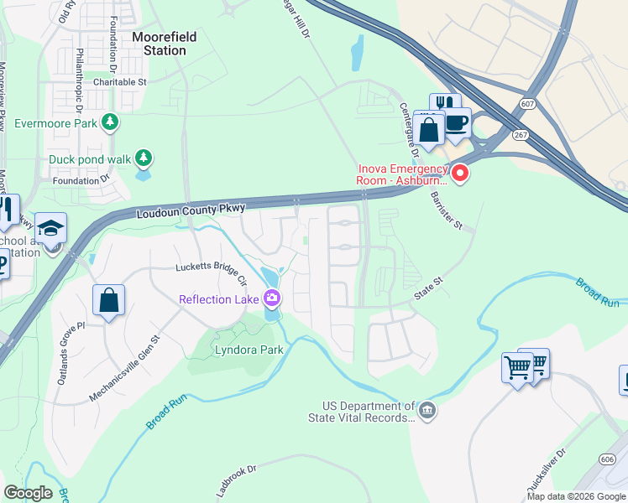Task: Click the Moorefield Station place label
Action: (159, 44)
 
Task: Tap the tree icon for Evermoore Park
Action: (109, 123)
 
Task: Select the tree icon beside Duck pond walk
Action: (144, 158)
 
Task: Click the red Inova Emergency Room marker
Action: (460, 174)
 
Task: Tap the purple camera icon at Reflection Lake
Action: (271, 298)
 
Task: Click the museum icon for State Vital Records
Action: (427, 410)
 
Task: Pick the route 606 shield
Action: (608, 459)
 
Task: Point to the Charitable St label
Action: (120, 82)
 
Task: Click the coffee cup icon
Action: (457, 122)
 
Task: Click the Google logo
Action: (28, 493)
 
